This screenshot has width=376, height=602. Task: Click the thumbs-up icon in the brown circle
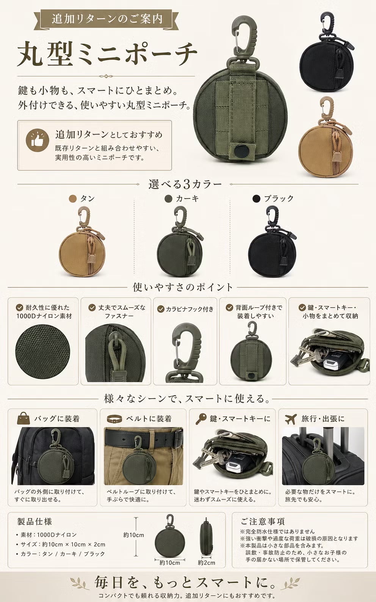37,140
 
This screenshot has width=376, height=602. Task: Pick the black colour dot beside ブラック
256,199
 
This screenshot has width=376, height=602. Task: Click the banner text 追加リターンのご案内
107,19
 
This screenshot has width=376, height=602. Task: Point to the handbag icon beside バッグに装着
23,418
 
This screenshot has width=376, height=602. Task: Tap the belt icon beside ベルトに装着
114,418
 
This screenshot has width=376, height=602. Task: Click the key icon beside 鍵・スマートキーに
201,418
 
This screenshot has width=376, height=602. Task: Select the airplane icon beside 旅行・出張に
291,418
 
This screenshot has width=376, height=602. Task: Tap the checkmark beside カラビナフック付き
160,309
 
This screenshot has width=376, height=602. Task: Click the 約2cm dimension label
207,563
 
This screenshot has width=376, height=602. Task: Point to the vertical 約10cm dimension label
133,535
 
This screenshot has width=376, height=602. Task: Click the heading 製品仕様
34,522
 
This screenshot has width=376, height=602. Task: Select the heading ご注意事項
262,522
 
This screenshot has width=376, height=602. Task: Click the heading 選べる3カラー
185,184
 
